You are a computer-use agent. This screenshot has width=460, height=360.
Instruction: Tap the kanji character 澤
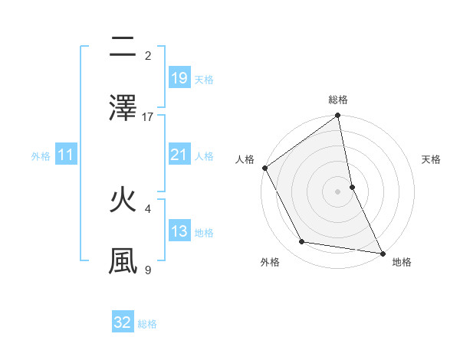coord(123,108)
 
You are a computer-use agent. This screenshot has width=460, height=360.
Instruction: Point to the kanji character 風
coord(123,260)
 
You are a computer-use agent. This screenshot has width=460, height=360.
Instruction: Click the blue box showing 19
coord(179,78)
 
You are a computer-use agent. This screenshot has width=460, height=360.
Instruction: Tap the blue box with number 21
coord(179,155)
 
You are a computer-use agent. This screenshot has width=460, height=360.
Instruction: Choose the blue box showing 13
coord(179,231)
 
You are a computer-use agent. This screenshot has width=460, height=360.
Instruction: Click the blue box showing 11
coord(66,155)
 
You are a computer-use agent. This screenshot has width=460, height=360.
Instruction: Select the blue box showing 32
coord(123,322)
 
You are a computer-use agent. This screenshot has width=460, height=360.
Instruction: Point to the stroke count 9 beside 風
coord(148,270)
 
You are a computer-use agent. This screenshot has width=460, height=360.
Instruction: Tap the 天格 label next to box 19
coord(204,80)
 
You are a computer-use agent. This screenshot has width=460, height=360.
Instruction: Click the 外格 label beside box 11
coord(41,156)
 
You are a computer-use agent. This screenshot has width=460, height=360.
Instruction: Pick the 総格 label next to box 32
coord(147,324)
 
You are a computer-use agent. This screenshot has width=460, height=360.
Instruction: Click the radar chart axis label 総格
coord(338,100)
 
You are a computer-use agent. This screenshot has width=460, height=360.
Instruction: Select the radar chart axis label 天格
coord(432,159)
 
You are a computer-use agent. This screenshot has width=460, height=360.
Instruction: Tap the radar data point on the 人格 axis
coord(264,168)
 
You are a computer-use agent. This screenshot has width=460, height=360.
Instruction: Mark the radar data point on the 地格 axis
coord(383,253)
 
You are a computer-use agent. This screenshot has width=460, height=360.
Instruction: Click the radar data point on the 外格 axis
coord(302,242)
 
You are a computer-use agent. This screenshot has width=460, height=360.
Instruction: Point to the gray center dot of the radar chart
coord(338,191)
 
